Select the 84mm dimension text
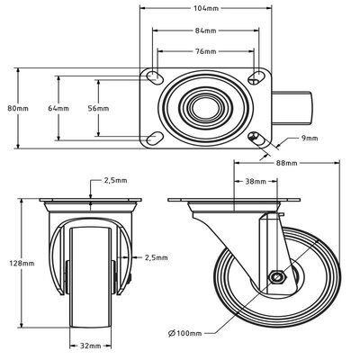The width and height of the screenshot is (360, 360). [205, 33]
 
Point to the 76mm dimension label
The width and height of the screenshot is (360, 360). [205, 50]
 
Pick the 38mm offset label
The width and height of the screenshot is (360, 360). [255, 181]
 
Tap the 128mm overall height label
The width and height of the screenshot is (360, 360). [14, 264]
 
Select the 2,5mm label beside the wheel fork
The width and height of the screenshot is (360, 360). [154, 258]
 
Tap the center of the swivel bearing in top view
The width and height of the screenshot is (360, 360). [205, 108]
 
